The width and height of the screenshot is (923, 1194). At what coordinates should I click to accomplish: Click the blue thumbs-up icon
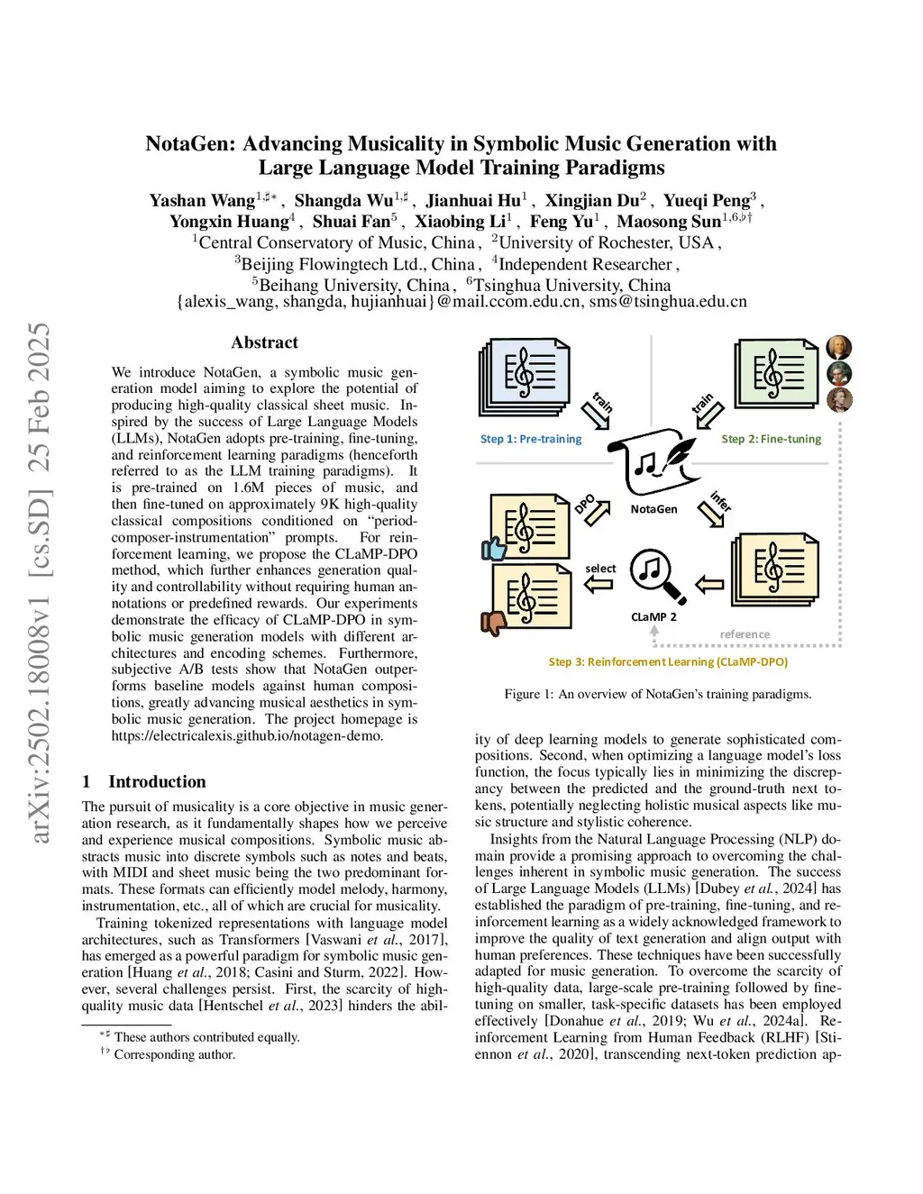493,548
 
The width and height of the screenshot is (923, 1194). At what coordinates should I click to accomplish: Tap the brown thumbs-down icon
494,622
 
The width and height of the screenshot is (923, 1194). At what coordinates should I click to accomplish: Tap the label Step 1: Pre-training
531,439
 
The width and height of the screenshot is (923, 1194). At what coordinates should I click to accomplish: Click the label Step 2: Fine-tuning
772,439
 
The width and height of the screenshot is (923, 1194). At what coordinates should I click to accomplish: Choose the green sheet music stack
776,373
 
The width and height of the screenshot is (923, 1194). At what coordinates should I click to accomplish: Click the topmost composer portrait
838,348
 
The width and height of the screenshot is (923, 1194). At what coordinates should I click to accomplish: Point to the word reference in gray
745,634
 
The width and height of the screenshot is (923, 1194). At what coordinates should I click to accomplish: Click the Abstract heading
264,342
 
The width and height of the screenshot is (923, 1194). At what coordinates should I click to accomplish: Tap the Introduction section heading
157,781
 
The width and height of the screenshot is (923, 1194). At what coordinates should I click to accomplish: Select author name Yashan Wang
202,200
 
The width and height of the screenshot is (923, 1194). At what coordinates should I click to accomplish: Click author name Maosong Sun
669,222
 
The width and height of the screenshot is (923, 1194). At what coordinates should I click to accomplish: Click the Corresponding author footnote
174,1054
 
